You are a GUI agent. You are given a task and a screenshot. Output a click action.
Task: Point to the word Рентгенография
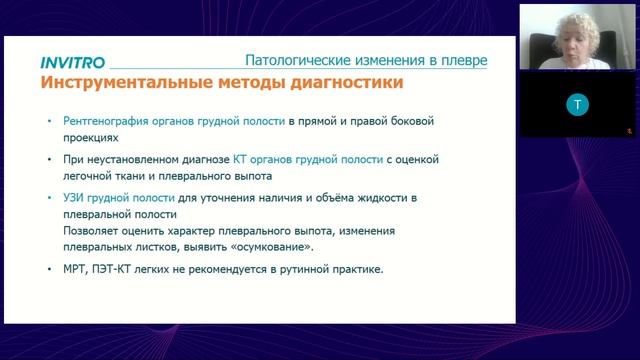109,122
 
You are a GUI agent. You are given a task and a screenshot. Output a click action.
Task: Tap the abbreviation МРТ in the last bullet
74,268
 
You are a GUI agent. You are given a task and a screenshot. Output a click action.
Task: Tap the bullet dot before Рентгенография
50,123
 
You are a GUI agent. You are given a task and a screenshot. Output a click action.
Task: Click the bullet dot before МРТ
50,269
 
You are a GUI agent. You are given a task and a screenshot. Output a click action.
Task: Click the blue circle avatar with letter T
573,104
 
